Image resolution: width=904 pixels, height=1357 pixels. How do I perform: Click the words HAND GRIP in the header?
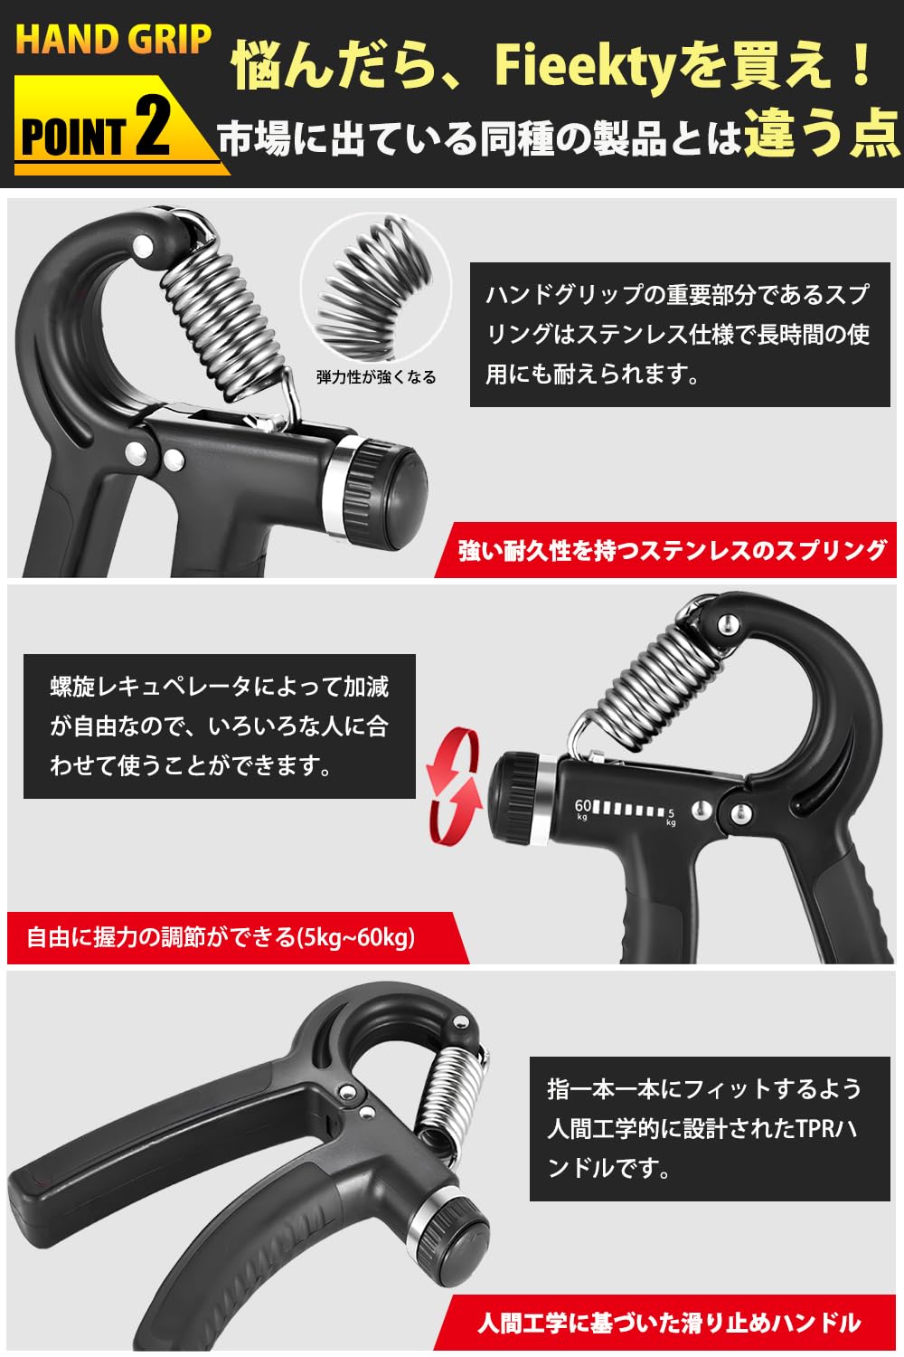click(113, 41)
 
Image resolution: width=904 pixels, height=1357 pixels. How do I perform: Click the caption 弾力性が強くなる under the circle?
click(376, 377)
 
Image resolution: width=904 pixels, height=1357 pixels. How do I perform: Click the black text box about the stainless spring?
click(679, 335)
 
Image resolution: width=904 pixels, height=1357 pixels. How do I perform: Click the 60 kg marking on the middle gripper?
click(582, 808)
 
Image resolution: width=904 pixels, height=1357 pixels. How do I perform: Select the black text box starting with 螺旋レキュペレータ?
click(219, 726)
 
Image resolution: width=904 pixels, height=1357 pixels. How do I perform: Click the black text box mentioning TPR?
click(709, 1129)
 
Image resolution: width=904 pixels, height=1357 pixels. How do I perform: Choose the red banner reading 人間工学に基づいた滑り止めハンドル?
click(669, 1324)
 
